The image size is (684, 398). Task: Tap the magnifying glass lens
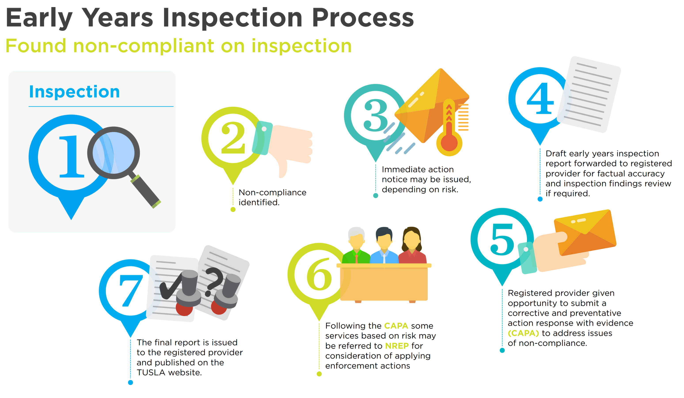click(114, 153)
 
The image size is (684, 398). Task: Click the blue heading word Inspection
click(74, 92)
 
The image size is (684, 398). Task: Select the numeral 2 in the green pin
click(233, 138)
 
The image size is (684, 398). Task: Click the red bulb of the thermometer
click(449, 143)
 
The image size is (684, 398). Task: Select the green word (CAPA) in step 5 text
click(523, 333)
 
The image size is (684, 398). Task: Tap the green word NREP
click(397, 346)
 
